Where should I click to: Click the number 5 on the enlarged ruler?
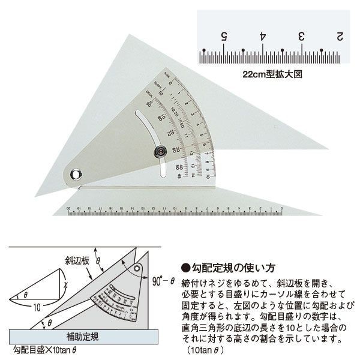point(223,36)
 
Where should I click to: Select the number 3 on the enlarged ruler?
point(302,36)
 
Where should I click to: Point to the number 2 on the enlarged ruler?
point(340,36)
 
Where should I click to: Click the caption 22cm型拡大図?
point(268,76)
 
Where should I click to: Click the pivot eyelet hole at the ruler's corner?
point(76,175)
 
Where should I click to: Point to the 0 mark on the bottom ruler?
point(281,206)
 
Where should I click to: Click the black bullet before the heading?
point(185,267)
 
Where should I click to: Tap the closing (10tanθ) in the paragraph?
point(206,349)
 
